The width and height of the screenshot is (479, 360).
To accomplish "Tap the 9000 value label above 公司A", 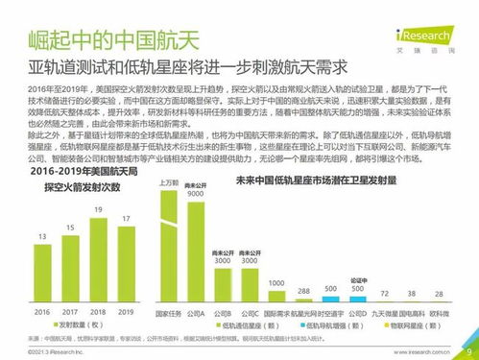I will [x=197, y=192].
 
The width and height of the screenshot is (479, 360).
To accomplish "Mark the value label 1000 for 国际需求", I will [x=275, y=283].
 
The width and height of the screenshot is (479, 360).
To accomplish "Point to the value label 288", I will [x=303, y=289].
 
